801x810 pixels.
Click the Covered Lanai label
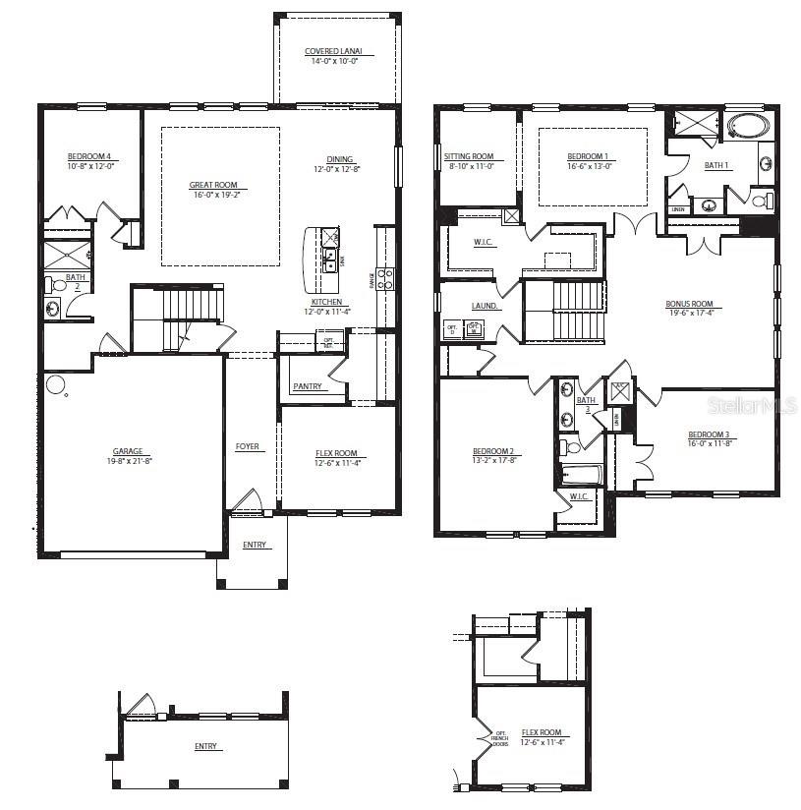click(333, 51)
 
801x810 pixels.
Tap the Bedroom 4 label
click(89, 156)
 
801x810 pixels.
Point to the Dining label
click(340, 159)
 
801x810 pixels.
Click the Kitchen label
click(326, 302)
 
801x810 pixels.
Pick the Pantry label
click(308, 386)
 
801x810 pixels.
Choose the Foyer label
click(248, 446)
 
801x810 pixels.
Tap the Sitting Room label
click(469, 156)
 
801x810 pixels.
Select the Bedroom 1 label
click(588, 156)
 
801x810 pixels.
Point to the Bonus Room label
click(689, 304)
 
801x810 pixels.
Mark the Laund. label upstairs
click(485, 306)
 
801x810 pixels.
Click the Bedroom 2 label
click(492, 451)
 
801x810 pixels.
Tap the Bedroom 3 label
click(708, 434)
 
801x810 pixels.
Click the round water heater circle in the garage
click(55, 384)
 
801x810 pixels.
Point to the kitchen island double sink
click(331, 260)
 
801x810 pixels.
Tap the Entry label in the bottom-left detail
click(205, 746)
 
